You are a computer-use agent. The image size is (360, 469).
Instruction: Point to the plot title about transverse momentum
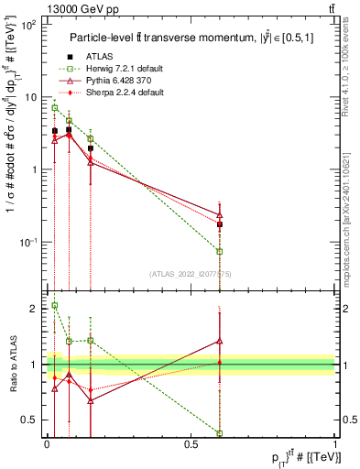point(189,38)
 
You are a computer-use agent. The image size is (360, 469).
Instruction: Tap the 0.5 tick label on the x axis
point(191,443)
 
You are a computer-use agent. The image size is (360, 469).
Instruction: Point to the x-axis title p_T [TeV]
point(293,457)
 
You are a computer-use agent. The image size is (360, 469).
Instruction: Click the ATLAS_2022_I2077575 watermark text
point(190,273)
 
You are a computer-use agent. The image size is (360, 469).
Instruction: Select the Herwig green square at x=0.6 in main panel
point(220,251)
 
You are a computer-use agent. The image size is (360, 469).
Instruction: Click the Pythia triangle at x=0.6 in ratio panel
point(220,340)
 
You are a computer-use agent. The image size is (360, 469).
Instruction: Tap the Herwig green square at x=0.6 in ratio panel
point(220,432)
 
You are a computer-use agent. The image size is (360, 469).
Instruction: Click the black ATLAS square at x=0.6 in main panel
point(220,224)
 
